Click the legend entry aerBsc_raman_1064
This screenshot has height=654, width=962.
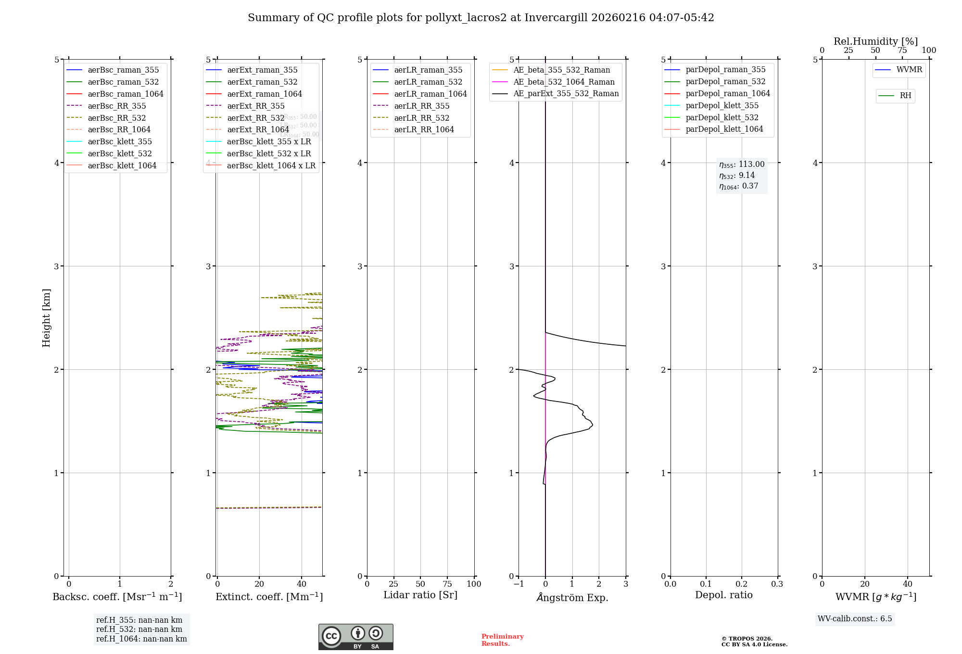tap(126, 94)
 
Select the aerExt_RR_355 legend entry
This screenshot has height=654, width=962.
tap(255, 106)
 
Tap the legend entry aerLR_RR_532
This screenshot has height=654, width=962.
tap(421, 118)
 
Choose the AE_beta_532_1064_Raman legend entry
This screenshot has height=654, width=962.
tap(564, 82)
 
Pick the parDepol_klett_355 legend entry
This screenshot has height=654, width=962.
tap(722, 105)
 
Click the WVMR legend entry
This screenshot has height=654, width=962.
tap(909, 70)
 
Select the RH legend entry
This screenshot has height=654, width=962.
tap(905, 96)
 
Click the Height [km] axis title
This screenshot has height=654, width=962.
tap(46, 318)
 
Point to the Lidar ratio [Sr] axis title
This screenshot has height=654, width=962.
tap(420, 595)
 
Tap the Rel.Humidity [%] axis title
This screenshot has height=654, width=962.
tap(875, 41)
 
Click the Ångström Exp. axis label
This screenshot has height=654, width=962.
tap(572, 597)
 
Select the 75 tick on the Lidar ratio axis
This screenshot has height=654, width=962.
tap(447, 584)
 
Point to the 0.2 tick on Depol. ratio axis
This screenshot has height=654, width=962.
tap(742, 584)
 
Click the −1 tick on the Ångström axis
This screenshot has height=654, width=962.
tap(519, 584)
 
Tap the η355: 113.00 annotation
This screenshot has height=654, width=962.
tap(742, 164)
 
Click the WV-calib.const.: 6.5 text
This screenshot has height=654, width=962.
tap(855, 618)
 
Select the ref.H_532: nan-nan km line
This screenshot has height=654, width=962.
tap(139, 629)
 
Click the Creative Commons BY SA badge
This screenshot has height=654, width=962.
tap(355, 637)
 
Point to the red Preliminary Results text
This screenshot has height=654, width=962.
tap(502, 640)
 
